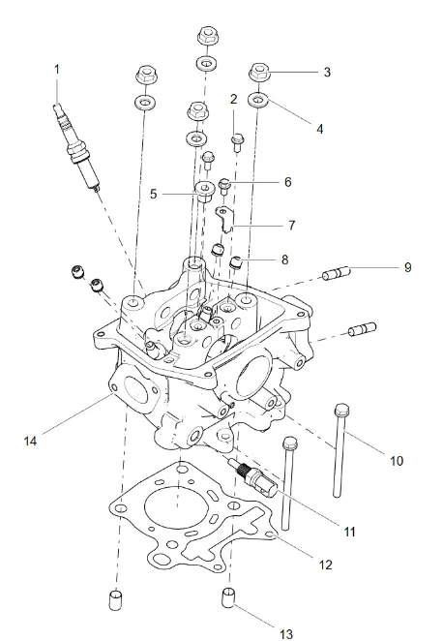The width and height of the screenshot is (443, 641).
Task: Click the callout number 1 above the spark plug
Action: click(x=57, y=70)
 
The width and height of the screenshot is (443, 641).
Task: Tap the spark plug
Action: click(x=77, y=148)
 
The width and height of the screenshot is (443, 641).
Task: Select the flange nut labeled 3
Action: click(x=258, y=74)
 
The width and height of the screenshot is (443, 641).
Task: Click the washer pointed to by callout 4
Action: click(x=258, y=100)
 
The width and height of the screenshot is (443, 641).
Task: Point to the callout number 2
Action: click(x=233, y=99)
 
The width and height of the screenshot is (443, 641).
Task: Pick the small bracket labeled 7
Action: click(x=224, y=220)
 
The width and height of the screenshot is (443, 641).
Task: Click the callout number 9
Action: click(x=407, y=267)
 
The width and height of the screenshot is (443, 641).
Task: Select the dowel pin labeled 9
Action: click(x=337, y=273)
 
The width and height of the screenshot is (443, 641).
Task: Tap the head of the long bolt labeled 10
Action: click(x=341, y=410)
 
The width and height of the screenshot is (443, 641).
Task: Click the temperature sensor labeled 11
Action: click(x=252, y=477)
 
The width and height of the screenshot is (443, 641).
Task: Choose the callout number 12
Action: click(x=325, y=565)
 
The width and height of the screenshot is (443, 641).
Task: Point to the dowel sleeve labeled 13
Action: click(x=228, y=597)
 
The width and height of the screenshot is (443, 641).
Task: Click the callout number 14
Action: click(x=30, y=442)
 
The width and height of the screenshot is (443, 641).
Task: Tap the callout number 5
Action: click(x=153, y=194)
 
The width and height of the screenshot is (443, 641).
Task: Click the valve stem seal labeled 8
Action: click(x=236, y=262)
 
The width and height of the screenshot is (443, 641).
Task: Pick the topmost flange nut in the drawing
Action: click(x=208, y=36)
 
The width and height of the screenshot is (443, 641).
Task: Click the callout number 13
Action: click(x=286, y=634)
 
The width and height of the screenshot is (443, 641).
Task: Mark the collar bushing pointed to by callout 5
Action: click(x=204, y=192)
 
